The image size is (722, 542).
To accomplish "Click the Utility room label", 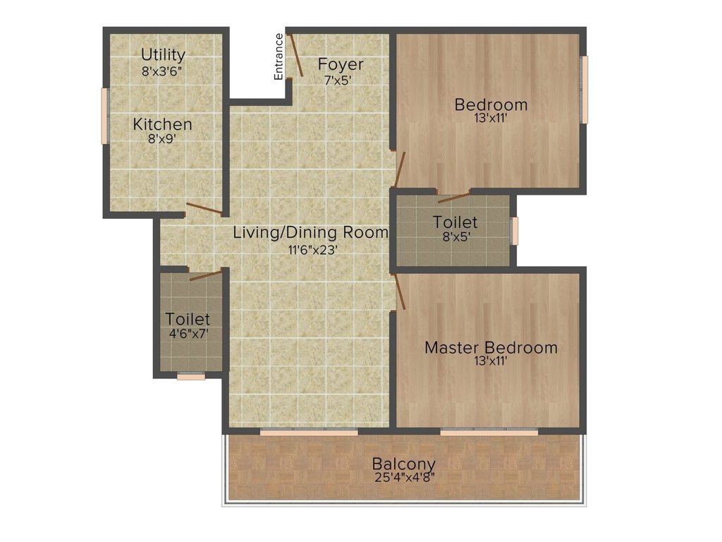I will pos(163,54).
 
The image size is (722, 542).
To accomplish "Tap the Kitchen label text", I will pos(163,124).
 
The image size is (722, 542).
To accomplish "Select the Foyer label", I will pos(341,64).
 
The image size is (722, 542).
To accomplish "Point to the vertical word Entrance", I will pos(279,56).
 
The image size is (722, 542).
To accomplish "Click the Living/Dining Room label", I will pos(310,232).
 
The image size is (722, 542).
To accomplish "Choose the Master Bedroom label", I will pos(491,347).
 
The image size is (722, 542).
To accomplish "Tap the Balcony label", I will pos(404,464).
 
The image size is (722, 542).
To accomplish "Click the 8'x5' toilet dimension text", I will pos(455,237).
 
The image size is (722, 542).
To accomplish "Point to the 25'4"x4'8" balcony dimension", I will pos(404,477).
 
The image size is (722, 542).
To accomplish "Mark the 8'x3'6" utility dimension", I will pos(163,71).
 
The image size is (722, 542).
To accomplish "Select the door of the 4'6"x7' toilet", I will pos(205,275).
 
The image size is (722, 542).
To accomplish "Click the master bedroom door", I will pos(400,291).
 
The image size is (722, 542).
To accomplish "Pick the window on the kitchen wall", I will pos(104,116).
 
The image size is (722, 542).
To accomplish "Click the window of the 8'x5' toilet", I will pos(515,231).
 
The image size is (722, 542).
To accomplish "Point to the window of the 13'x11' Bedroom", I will pos(583,90).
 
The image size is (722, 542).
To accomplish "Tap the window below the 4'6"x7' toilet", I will pos(190,376).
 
